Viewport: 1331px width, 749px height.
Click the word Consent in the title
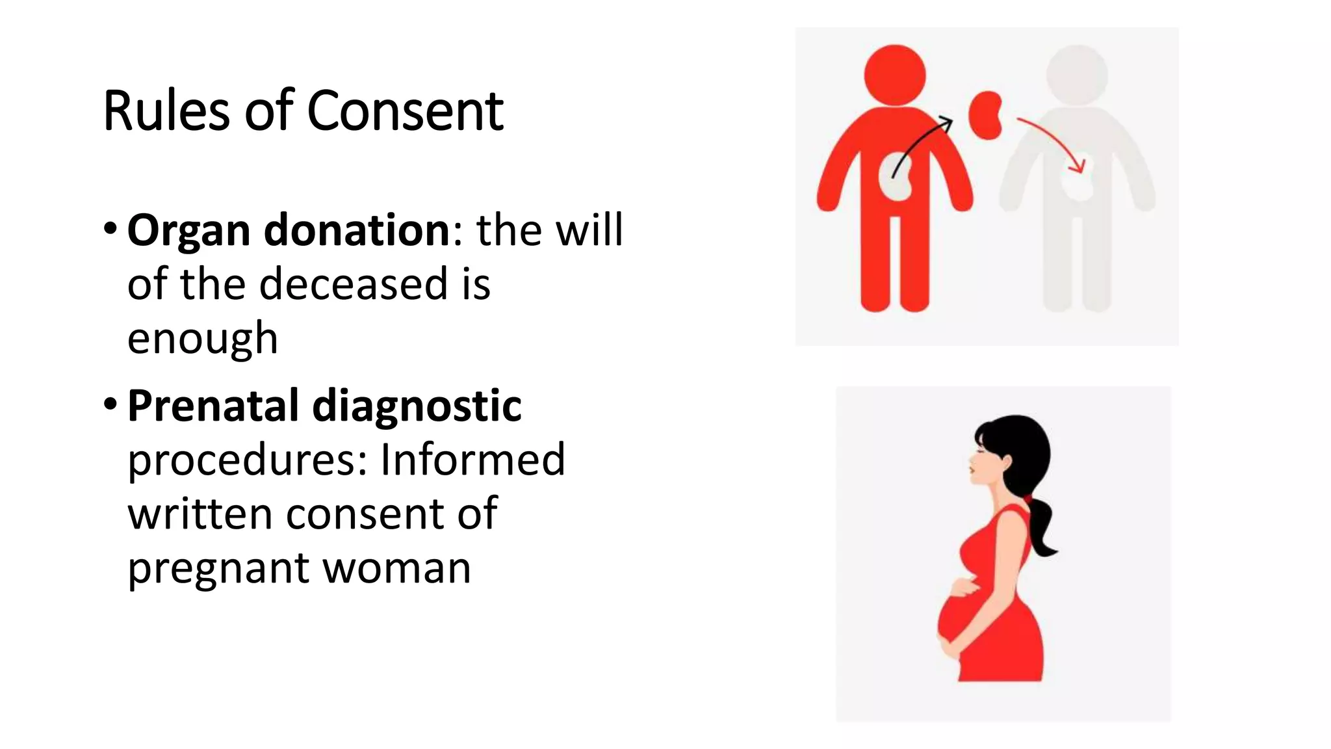click(x=404, y=111)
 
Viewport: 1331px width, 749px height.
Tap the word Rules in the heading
click(x=166, y=111)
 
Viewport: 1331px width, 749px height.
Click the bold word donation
click(x=357, y=230)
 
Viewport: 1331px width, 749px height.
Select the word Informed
click(x=472, y=460)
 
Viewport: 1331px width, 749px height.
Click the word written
click(x=200, y=514)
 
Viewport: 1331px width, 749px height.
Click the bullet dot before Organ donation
click(x=110, y=229)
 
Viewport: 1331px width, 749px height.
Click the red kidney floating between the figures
click(x=985, y=115)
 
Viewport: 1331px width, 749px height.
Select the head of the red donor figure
click(x=895, y=75)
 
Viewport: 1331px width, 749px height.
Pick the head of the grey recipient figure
click(x=1077, y=75)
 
